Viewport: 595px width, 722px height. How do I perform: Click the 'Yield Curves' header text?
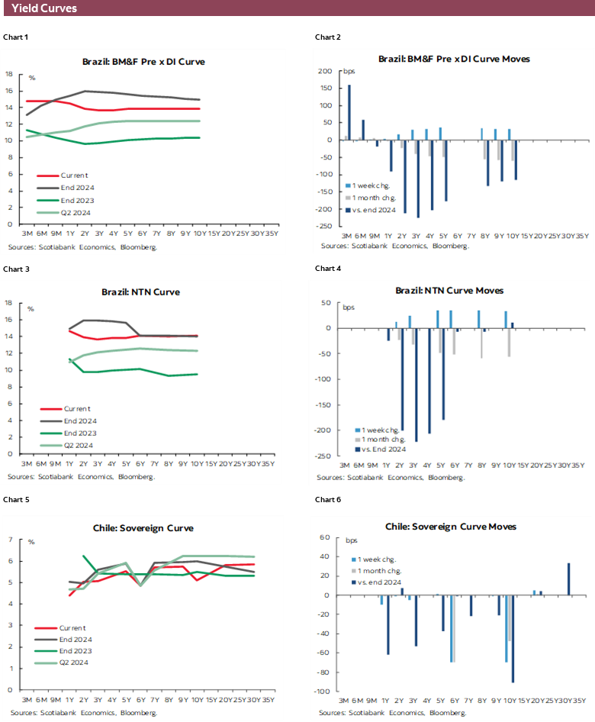tap(44, 9)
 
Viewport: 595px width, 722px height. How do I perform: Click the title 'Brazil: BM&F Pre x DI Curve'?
tap(143, 62)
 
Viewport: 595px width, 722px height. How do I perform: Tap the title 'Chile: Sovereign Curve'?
tap(143, 527)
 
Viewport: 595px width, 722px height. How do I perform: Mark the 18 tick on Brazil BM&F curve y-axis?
tap(9, 74)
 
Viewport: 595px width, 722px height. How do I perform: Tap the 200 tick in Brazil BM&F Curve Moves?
tap(326, 71)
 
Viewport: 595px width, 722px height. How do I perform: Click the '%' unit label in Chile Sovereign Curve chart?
tap(32, 542)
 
